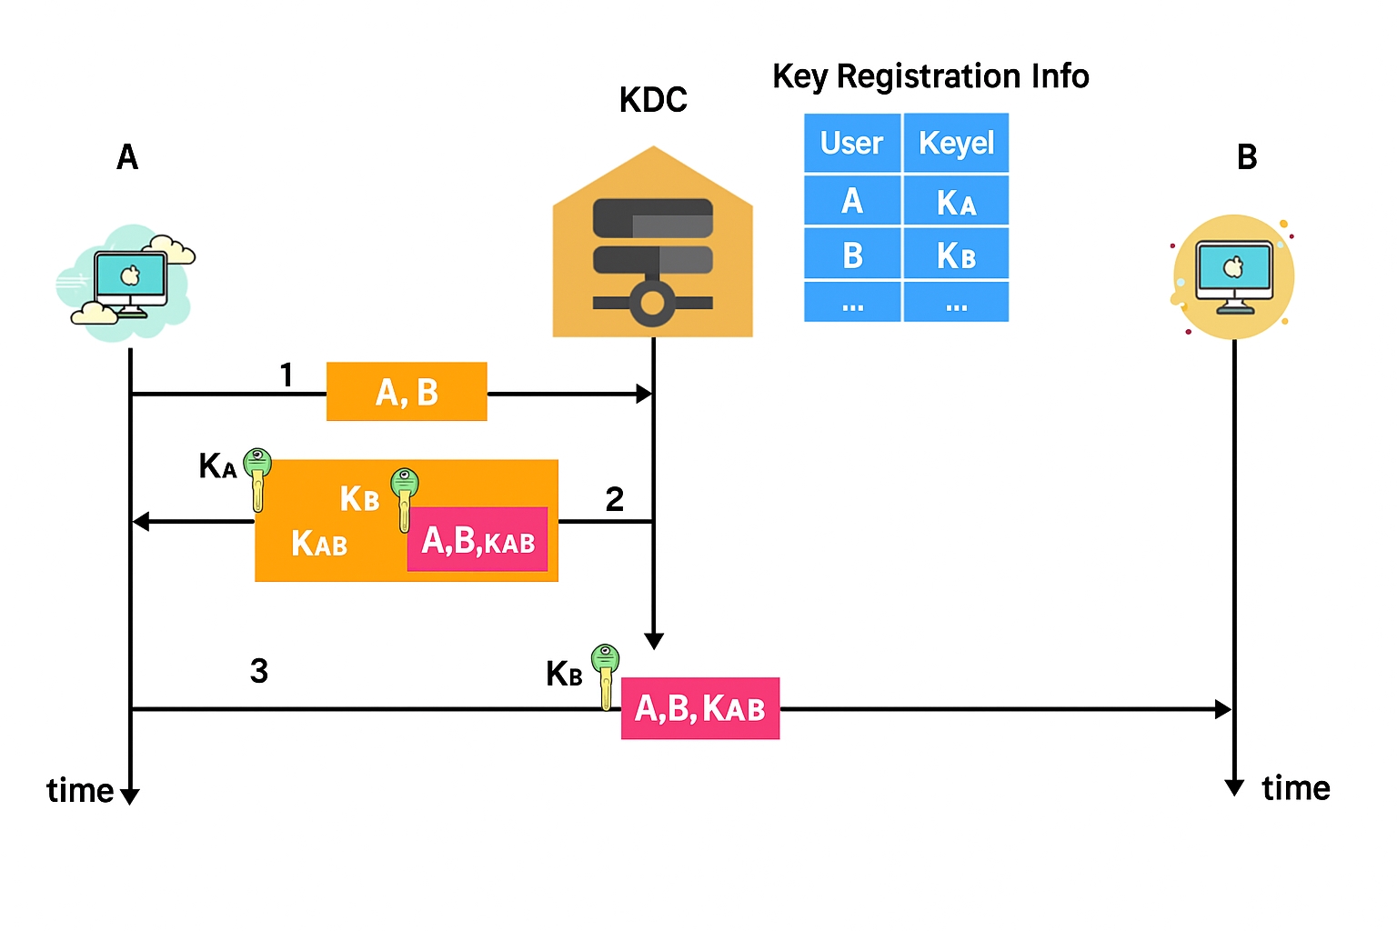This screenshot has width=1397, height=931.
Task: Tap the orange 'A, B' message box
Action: click(x=407, y=392)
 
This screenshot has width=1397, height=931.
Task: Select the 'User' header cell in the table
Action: click(x=851, y=143)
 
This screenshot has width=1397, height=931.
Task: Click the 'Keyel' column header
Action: click(x=956, y=143)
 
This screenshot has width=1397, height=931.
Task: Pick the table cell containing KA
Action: click(x=956, y=201)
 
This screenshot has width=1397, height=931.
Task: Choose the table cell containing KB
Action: click(x=956, y=255)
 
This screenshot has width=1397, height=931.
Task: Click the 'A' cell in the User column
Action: click(x=851, y=201)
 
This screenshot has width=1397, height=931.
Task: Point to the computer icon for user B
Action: click(x=1233, y=276)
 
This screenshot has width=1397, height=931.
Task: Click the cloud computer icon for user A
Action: click(x=127, y=282)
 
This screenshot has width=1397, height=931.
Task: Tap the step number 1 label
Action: click(x=286, y=375)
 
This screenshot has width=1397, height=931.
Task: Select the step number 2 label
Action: click(x=615, y=499)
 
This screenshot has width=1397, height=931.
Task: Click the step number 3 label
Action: click(x=259, y=671)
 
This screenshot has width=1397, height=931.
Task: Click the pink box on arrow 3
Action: click(x=699, y=708)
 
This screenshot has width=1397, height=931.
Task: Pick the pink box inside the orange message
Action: click(x=477, y=540)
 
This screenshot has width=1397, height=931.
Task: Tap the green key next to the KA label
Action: click(x=257, y=476)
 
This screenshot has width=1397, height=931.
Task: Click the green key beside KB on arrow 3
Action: click(x=605, y=674)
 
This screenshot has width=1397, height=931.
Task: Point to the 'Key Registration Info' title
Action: click(x=930, y=76)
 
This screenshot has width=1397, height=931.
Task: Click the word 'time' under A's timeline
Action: click(x=79, y=791)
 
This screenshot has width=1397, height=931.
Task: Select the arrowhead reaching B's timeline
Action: click(x=1224, y=709)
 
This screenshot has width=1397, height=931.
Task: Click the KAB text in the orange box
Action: click(x=319, y=544)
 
